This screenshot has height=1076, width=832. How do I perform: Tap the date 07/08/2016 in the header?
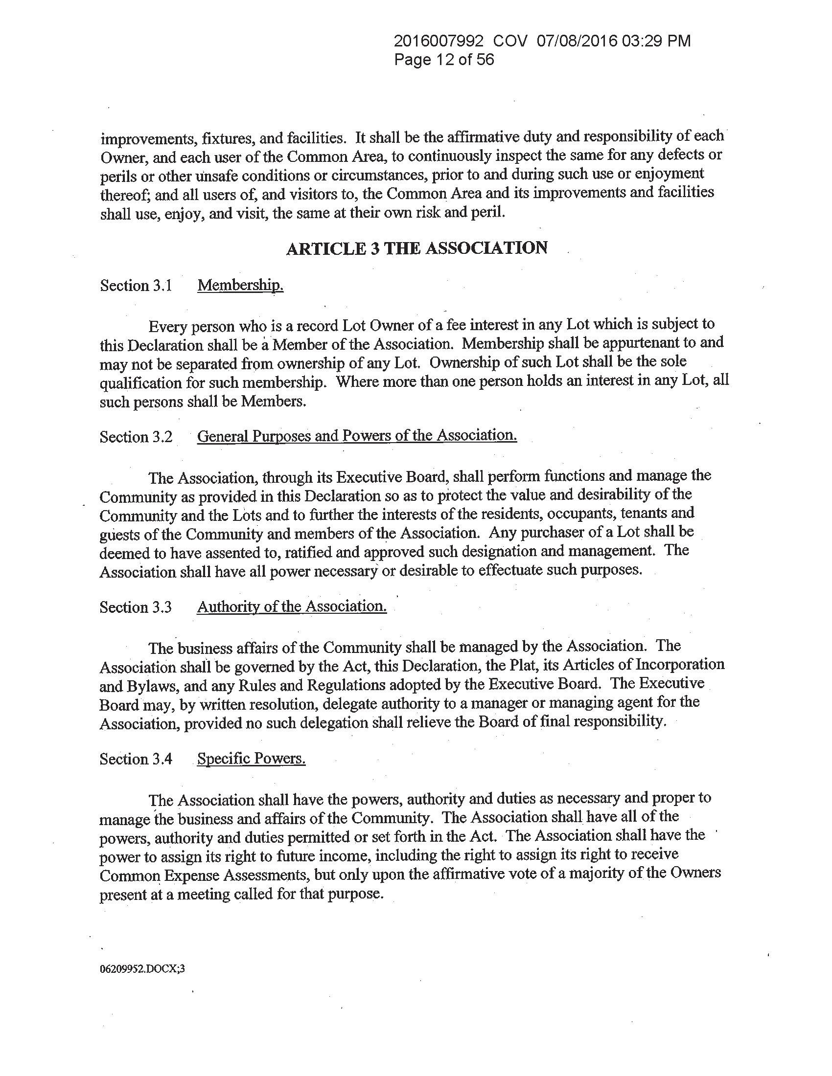pyautogui.click(x=576, y=41)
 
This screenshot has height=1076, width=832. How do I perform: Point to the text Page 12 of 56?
pyautogui.click(x=443, y=60)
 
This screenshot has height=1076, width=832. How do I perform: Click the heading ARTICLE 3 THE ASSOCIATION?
pyautogui.click(x=416, y=248)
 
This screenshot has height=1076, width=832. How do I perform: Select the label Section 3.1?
pyautogui.click(x=136, y=286)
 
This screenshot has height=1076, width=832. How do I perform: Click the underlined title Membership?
pyautogui.click(x=240, y=285)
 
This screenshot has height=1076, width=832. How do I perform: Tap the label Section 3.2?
pyautogui.click(x=136, y=437)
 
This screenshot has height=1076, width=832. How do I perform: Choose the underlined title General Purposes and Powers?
pyautogui.click(x=357, y=436)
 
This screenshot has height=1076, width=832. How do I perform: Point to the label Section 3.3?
pyautogui.click(x=136, y=607)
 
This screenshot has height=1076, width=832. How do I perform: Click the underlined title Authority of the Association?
pyautogui.click(x=292, y=606)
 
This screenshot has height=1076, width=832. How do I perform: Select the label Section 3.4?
pyautogui.click(x=136, y=759)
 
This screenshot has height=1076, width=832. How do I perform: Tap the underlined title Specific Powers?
pyautogui.click(x=252, y=759)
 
